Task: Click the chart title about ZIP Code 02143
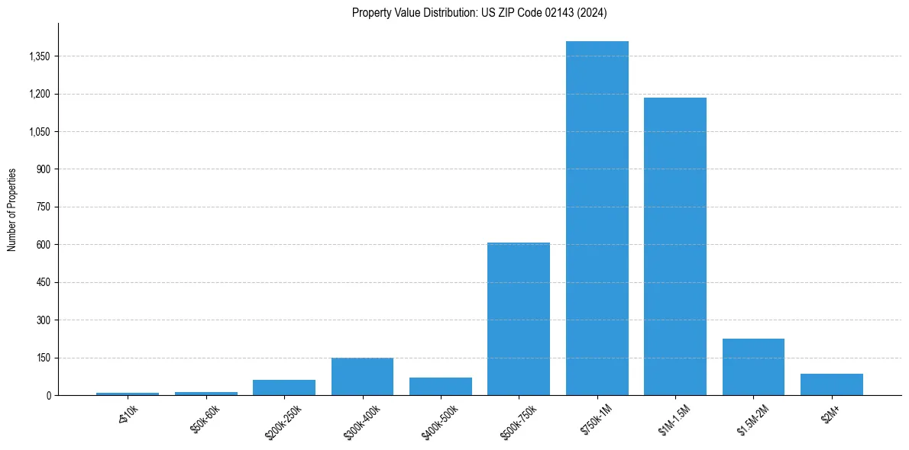[479, 13]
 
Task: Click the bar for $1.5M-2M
[753, 367]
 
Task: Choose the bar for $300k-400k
[362, 377]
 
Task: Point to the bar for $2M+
[832, 384]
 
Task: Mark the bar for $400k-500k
[441, 387]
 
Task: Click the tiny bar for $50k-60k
[205, 394]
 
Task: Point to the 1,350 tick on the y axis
[39, 56]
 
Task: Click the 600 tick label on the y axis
[44, 245]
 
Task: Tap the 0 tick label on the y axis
[48, 395]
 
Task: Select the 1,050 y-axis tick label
[39, 132]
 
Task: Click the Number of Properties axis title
[12, 209]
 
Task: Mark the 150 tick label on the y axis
[44, 358]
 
